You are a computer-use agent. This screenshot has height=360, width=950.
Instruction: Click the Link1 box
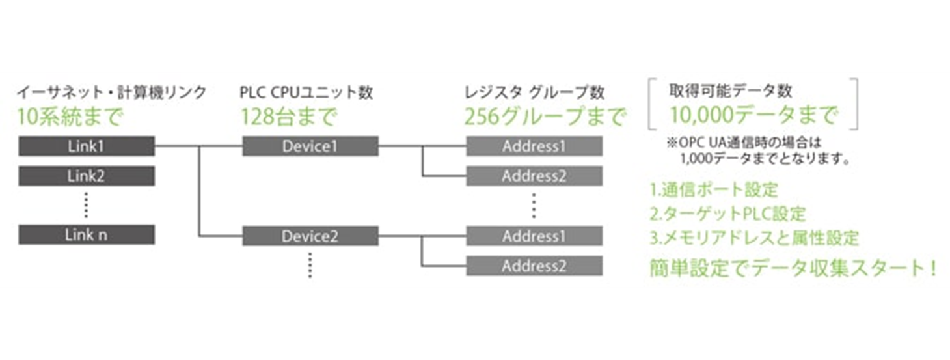(x=87, y=146)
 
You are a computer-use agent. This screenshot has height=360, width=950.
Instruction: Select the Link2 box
(x=87, y=176)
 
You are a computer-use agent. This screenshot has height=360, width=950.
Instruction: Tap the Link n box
(x=87, y=235)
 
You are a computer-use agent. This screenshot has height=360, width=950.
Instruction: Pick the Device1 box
(x=310, y=146)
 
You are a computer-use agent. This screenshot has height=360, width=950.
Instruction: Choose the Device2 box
(x=310, y=236)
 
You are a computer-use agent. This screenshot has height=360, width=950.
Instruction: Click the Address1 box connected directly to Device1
(x=534, y=146)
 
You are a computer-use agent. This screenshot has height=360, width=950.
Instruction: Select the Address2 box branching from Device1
(x=534, y=176)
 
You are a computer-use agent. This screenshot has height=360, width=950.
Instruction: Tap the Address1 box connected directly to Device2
(x=534, y=236)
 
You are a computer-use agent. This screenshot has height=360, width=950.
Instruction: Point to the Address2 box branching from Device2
(x=534, y=266)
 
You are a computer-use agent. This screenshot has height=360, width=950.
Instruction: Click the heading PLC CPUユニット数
(x=306, y=92)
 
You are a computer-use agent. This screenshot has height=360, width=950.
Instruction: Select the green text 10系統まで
(x=70, y=117)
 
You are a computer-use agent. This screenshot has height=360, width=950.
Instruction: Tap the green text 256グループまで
(x=545, y=117)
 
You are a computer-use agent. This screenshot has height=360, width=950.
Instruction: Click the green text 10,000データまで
(x=753, y=115)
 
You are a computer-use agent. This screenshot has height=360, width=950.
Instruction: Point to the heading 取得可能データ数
(x=731, y=91)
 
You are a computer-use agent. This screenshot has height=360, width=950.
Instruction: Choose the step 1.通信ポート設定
(x=714, y=189)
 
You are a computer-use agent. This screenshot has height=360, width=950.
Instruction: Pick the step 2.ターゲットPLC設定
(x=727, y=214)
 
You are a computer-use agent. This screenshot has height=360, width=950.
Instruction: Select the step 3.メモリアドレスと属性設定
(x=755, y=238)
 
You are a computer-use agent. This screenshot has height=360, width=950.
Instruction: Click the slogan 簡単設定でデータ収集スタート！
(x=793, y=268)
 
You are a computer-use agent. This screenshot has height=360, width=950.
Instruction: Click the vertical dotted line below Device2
(x=310, y=265)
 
